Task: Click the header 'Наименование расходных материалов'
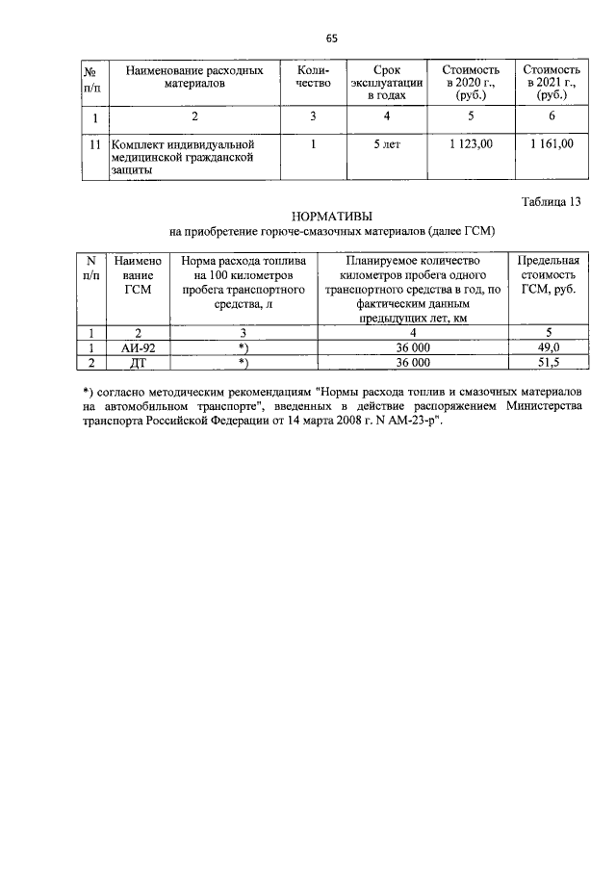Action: tap(194, 77)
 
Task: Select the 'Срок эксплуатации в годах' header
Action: tap(387, 83)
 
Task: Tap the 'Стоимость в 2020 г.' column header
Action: tap(471, 83)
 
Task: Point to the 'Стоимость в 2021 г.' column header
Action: tap(551, 83)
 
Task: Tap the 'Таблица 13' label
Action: tap(552, 202)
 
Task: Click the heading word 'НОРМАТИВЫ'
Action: tap(331, 217)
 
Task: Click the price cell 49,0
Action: tap(548, 347)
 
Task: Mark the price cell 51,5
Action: tap(548, 363)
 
